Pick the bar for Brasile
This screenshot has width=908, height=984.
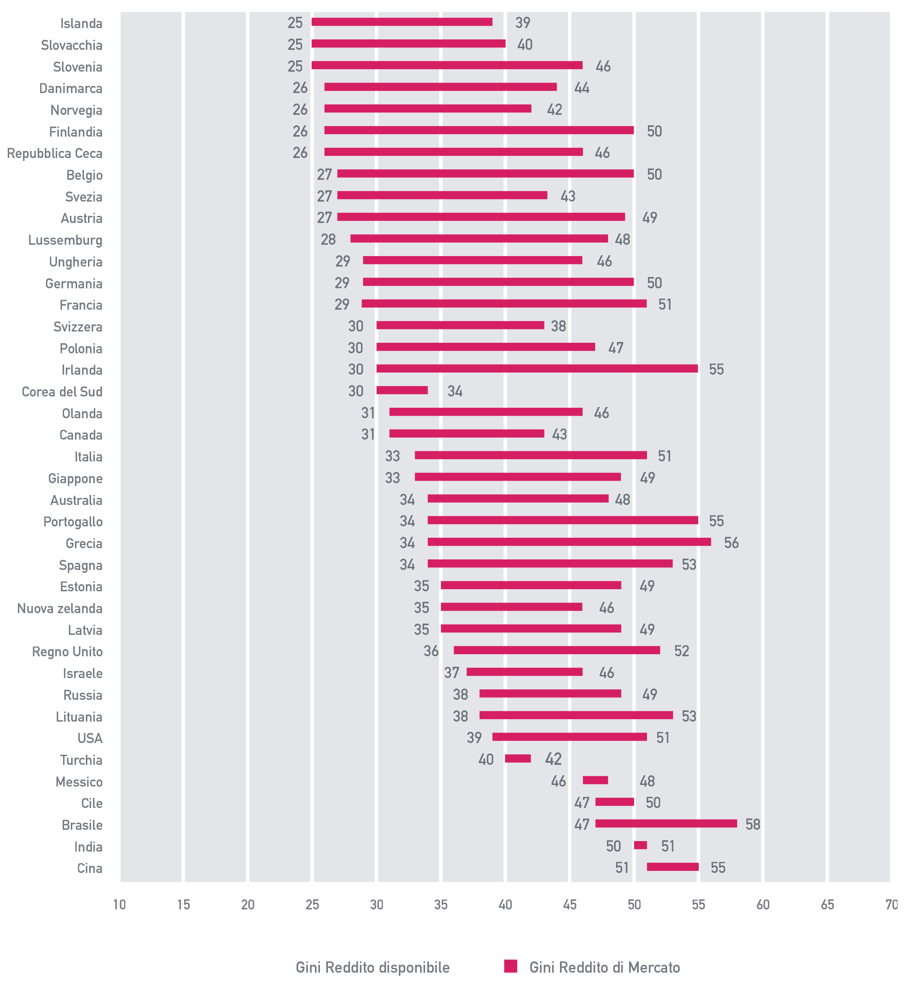[666, 823]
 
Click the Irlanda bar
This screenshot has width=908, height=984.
[537, 368]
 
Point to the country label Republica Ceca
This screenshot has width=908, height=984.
[54, 153]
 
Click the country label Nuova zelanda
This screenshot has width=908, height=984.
[59, 609]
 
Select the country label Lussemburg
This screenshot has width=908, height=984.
[65, 240]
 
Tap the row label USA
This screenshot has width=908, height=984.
[90, 738]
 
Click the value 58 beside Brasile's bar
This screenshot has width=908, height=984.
[752, 824]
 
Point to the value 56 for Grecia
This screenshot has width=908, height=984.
[731, 542]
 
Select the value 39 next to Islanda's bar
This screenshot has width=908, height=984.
[522, 23]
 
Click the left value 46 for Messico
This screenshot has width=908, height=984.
[558, 781]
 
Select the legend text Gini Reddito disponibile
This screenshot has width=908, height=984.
[372, 967]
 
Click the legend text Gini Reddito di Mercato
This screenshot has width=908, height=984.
[604, 967]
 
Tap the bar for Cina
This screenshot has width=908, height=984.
[673, 867]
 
